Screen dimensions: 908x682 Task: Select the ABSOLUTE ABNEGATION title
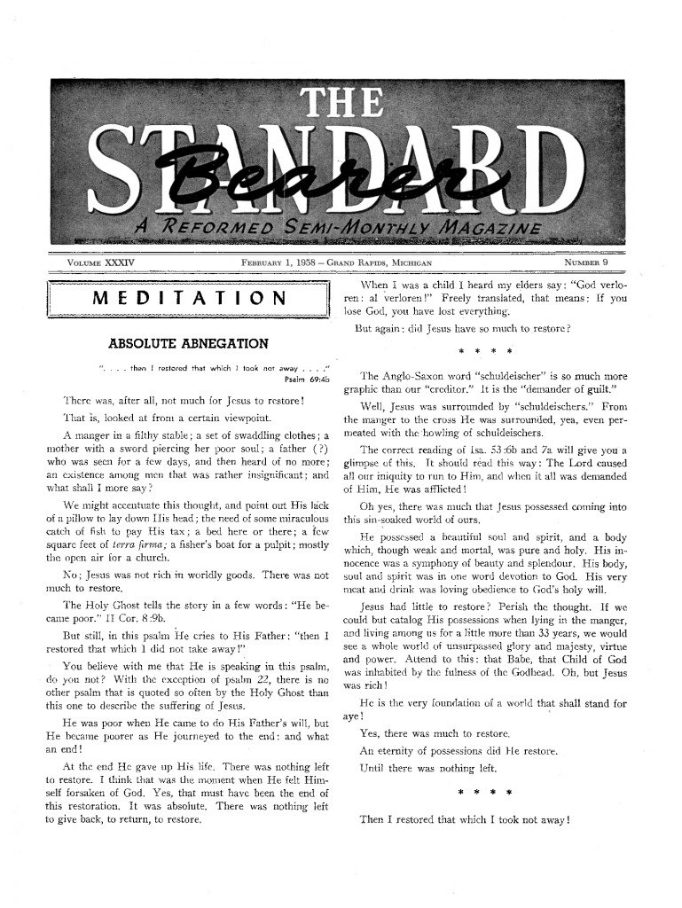189,343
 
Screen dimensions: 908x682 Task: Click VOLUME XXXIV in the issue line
106,262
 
